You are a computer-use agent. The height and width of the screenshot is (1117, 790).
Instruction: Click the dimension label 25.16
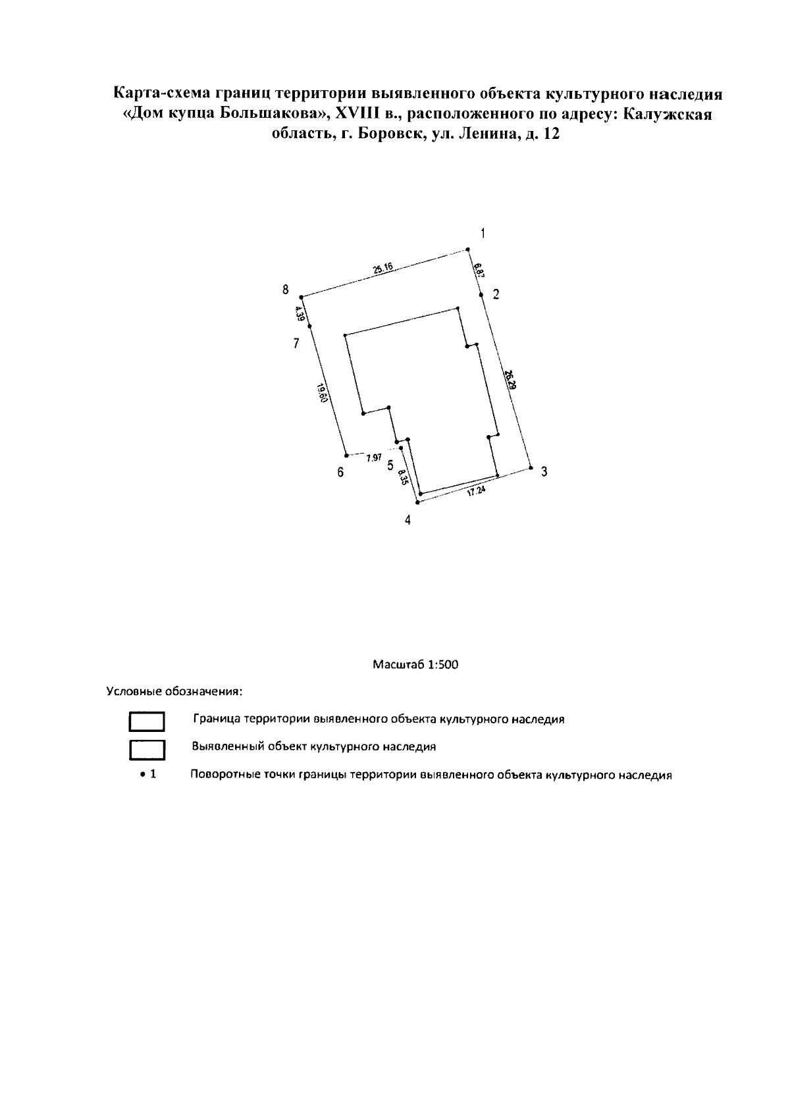pyautogui.click(x=382, y=269)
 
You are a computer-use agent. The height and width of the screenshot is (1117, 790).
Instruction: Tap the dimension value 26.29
pyautogui.click(x=510, y=381)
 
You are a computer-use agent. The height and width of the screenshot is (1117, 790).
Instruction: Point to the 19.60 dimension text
pyautogui.click(x=321, y=396)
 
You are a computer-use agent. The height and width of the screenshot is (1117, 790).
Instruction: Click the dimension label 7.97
pyautogui.click(x=373, y=457)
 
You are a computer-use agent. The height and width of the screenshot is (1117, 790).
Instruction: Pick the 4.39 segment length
pyautogui.click(x=300, y=313)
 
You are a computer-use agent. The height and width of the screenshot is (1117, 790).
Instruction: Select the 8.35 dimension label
pyautogui.click(x=404, y=478)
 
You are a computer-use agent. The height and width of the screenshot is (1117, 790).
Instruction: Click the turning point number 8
pyautogui.click(x=286, y=290)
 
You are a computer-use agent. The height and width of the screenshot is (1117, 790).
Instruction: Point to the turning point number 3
pyautogui.click(x=544, y=472)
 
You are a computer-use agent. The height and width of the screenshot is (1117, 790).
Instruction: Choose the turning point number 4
pyautogui.click(x=408, y=521)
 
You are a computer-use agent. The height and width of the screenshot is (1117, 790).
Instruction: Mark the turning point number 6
pyautogui.click(x=340, y=473)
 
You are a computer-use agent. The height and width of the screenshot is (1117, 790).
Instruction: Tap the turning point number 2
pyautogui.click(x=496, y=294)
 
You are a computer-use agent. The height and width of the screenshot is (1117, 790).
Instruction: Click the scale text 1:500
pyautogui.click(x=442, y=664)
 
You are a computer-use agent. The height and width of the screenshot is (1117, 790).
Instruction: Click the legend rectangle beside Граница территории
pyautogui.click(x=146, y=722)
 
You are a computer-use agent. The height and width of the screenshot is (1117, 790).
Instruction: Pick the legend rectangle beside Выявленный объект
pyautogui.click(x=146, y=750)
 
